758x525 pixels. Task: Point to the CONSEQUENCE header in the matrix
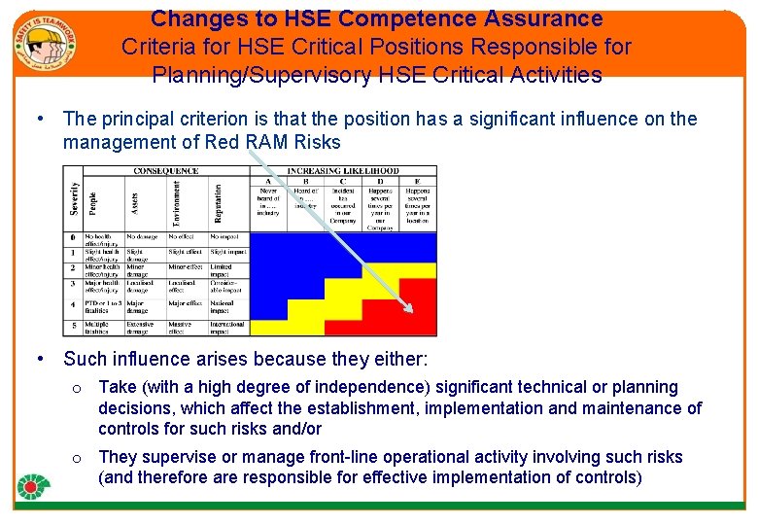(x=167, y=171)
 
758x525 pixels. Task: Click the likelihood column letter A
(x=268, y=181)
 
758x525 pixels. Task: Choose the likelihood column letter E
(x=418, y=181)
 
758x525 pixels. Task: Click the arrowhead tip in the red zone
(x=409, y=309)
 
